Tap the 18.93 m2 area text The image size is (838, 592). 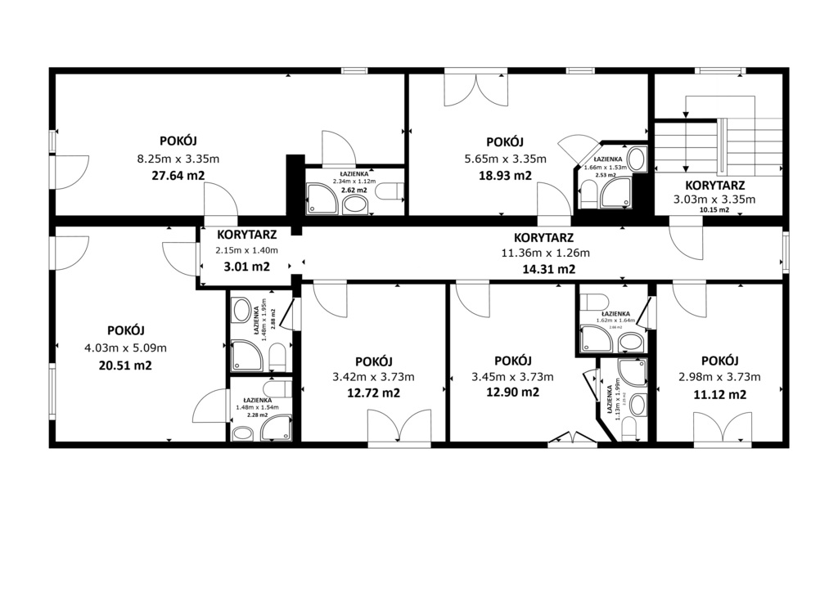coord(505,175)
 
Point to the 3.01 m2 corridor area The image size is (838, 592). coord(246,266)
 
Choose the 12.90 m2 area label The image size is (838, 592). coord(513,392)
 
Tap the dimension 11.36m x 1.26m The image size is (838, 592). coord(545,253)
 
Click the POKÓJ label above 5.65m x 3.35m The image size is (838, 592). coord(504,141)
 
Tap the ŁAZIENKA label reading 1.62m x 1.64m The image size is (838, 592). coord(615,314)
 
